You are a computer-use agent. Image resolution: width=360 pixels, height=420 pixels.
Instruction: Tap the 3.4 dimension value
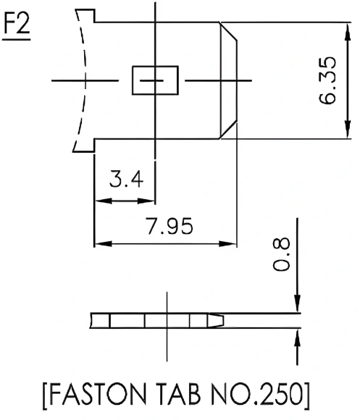coord(125,180)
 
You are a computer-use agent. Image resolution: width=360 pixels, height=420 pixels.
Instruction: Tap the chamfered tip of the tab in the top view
coord(230,80)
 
